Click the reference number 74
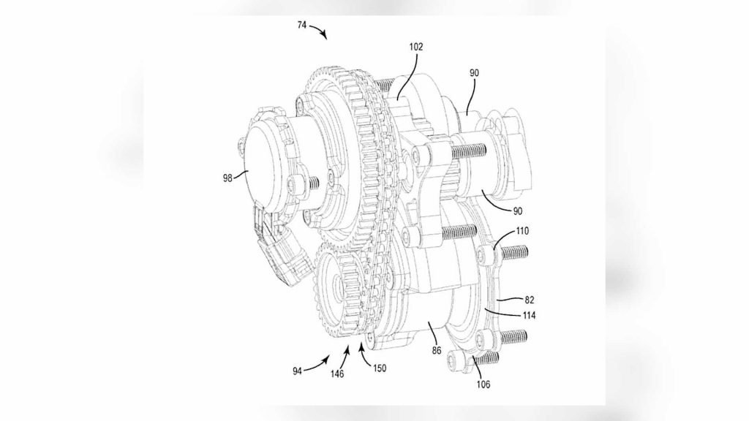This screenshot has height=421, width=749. pos(302,25)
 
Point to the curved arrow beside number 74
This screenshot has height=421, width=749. pos(319,31)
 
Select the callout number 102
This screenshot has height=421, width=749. pos(416,47)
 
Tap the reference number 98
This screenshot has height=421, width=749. pos(227,178)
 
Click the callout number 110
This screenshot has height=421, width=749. pos(522,231)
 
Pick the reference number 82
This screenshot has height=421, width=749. pos(530,300)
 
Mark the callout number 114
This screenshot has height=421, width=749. pos(528,315)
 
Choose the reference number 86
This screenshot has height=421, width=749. pos(437,350)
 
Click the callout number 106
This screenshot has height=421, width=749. pos(483,384)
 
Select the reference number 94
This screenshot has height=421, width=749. pos(298,371)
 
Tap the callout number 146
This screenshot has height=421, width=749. pos(337,373)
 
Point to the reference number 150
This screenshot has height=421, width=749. pos(380,368)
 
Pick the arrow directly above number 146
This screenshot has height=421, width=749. pos(345,357)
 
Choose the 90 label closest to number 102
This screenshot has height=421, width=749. pos(474,73)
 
